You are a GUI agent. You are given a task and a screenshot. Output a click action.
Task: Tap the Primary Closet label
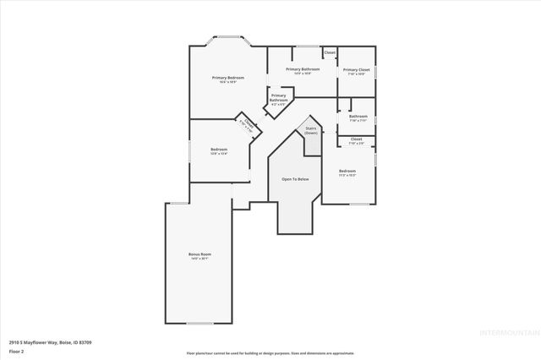point(356,70)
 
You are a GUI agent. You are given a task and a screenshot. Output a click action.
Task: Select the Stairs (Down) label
point(311,131)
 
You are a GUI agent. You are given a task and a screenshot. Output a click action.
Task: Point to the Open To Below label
point(295,180)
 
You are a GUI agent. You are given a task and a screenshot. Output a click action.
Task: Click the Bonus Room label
point(199,254)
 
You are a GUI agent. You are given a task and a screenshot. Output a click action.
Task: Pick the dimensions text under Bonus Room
point(199,259)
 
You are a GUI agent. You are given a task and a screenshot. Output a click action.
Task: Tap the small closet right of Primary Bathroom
point(330,52)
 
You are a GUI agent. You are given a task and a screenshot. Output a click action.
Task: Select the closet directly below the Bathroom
point(356,140)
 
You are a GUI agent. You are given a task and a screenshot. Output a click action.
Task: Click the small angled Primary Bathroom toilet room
point(278,98)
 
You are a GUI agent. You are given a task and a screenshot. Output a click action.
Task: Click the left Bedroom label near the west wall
point(219,150)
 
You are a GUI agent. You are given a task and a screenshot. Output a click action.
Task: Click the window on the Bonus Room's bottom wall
point(199,323)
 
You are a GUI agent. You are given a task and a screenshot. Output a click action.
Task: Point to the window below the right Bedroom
point(359,204)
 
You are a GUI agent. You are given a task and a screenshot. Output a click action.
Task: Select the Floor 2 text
point(16,352)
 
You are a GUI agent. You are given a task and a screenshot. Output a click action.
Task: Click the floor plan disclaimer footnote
point(270,352)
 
